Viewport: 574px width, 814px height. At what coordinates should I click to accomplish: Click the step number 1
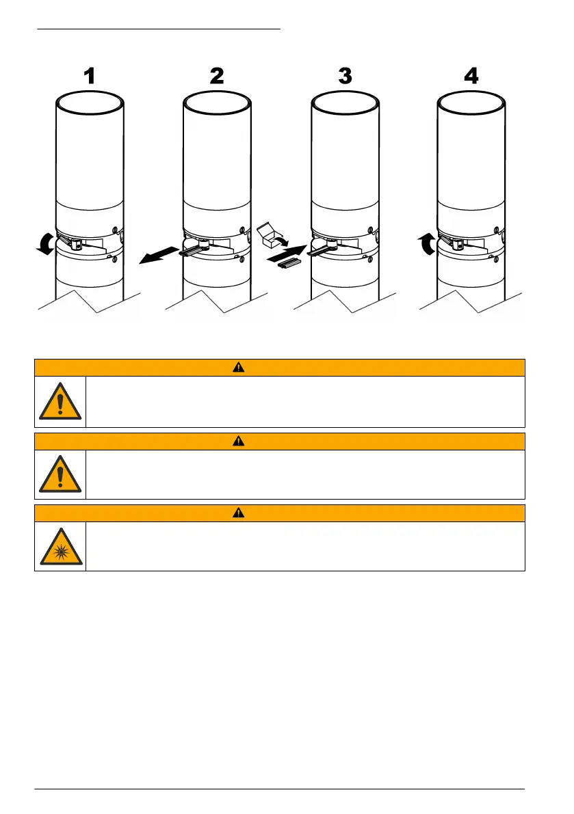[89, 77]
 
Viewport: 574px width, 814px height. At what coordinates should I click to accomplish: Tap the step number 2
[216, 77]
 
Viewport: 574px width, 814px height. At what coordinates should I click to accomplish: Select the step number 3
[345, 77]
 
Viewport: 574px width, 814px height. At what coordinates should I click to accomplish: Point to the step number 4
[471, 77]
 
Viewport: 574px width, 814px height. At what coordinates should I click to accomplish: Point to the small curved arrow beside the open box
[285, 241]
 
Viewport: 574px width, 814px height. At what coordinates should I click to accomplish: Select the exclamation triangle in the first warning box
[60, 402]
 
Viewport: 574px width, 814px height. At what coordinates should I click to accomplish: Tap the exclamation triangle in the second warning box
[60, 474]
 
